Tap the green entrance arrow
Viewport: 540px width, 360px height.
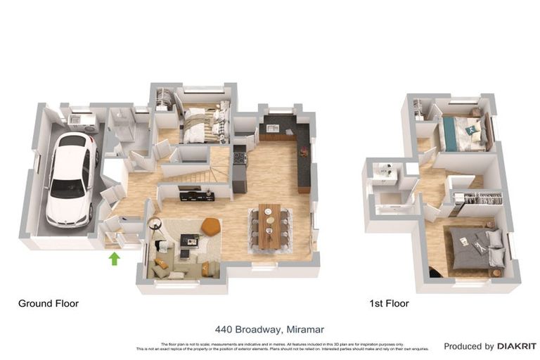coord(114,259)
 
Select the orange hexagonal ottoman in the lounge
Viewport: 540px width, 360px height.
coord(210,226)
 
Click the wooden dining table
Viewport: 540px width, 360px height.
coord(269,226)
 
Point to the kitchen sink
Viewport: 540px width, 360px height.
coord(273,129)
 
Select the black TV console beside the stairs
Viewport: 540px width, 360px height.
coord(197,195)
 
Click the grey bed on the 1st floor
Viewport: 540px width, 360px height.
coord(475,247)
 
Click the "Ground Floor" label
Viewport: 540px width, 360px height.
coord(48,304)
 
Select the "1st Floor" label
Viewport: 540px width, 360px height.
coord(389,304)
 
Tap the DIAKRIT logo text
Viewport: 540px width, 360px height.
coord(516,346)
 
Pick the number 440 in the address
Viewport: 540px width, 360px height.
coord(224,328)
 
